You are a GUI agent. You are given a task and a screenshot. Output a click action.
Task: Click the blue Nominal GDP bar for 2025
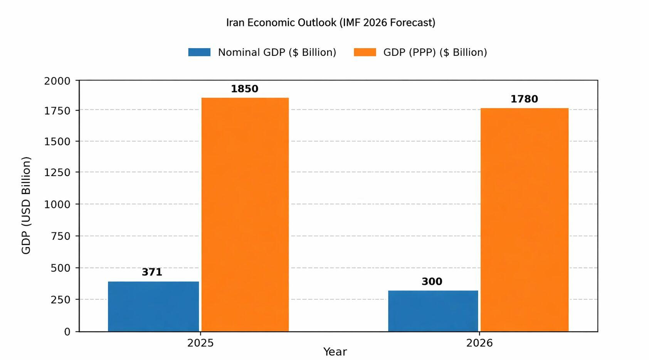point(153,306)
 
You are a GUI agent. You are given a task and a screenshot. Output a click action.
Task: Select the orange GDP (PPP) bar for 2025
point(245,214)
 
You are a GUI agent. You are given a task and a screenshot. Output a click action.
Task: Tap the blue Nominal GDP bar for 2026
point(433,311)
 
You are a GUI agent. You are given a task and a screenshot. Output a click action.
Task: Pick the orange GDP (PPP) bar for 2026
point(524,220)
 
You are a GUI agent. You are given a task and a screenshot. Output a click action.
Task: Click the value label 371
point(152,272)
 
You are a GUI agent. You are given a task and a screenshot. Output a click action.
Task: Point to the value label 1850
point(244,89)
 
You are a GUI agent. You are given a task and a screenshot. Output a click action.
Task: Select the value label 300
point(432,281)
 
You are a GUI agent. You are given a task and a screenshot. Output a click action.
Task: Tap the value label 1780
point(524,99)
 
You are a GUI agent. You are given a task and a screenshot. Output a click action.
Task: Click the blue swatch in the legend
point(199,52)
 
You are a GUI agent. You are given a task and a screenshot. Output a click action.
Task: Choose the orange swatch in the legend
point(365,52)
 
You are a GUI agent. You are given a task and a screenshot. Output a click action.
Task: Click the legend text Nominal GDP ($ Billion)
point(277,52)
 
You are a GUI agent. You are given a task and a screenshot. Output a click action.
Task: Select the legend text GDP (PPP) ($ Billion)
point(435,52)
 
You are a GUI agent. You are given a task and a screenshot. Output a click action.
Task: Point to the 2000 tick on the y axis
point(57,81)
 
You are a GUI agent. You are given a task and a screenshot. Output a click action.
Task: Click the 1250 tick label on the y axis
point(57,172)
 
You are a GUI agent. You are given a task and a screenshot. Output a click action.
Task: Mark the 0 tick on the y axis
point(67,332)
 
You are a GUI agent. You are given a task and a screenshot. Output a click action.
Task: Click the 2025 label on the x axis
point(200,343)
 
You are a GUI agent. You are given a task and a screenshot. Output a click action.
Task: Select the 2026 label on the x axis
point(479,343)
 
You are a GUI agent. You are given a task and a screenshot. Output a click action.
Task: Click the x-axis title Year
point(335,352)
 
